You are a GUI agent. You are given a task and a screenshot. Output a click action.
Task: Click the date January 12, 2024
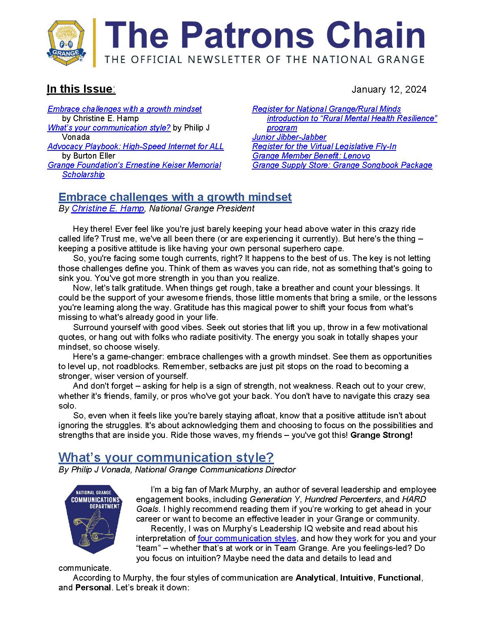point(389,89)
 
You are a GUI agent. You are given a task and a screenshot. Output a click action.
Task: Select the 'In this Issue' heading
point(80,89)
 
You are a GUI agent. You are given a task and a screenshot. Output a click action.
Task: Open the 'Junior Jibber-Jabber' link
point(289,137)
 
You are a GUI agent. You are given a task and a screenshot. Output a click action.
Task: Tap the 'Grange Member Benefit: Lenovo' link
point(311,156)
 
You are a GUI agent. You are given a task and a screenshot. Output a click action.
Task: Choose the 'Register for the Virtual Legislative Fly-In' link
point(324,146)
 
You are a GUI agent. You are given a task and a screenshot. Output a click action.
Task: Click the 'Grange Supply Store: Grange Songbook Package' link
point(342,165)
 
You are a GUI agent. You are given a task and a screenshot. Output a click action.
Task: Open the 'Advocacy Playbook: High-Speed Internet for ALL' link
point(136,146)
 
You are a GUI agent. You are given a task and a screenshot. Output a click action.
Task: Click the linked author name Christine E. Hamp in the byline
point(108,209)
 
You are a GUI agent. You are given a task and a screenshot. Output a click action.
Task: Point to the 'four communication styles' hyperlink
point(247,538)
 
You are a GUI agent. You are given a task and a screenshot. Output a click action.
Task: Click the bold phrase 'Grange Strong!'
point(381,435)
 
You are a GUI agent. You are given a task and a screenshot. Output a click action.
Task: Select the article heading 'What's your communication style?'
point(166,457)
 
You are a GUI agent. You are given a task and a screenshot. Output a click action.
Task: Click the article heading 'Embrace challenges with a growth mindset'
point(175,197)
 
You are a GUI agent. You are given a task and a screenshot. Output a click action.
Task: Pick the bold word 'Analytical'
point(315,578)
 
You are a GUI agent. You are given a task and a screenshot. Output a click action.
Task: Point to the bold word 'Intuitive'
point(356,578)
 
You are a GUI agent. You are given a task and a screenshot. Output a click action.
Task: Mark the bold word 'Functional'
point(400,578)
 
